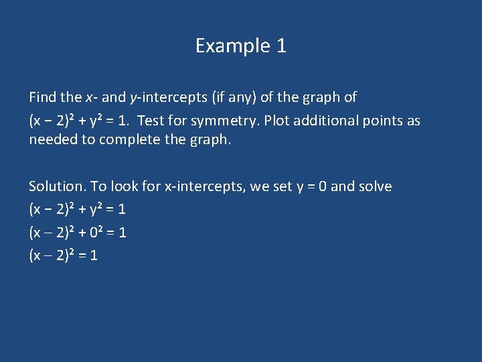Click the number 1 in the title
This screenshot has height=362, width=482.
281,46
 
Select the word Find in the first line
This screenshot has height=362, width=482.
42,97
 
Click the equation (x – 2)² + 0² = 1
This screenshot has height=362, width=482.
78,232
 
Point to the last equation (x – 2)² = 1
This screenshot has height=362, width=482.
63,255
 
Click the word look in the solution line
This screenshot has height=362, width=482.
125,186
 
